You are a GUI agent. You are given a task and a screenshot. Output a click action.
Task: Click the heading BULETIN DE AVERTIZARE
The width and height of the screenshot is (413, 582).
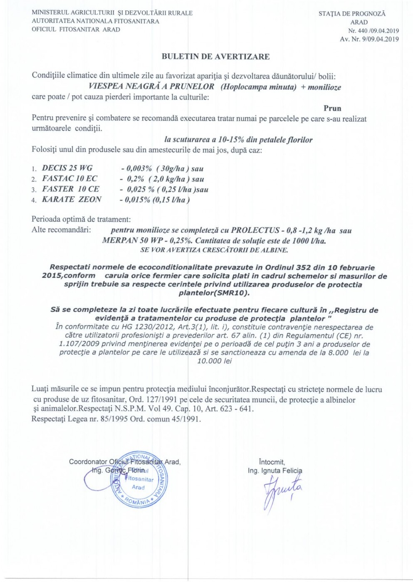tap(215, 57)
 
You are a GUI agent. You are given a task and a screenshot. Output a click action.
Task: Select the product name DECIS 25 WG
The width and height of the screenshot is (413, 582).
tap(67, 168)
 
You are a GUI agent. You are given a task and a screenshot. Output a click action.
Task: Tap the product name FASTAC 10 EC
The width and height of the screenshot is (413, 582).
tap(70, 178)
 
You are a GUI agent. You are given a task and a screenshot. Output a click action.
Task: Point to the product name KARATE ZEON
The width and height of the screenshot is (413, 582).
tap(72, 199)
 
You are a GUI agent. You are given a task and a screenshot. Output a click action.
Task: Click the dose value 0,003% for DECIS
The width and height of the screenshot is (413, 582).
tap(139, 168)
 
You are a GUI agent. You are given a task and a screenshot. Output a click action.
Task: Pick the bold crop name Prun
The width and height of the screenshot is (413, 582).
tap(332, 108)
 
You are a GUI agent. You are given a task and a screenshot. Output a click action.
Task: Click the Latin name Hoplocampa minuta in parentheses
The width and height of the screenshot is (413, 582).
tap(259, 87)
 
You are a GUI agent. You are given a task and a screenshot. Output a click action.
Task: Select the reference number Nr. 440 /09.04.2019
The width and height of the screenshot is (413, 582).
tap(373, 31)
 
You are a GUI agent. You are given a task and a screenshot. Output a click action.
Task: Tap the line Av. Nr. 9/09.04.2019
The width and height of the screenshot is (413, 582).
tap(369, 39)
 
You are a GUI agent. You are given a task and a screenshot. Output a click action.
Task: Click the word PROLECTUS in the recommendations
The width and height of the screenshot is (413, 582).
tap(255, 230)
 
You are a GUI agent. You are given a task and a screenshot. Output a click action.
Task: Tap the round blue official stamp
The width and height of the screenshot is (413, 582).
tap(139, 479)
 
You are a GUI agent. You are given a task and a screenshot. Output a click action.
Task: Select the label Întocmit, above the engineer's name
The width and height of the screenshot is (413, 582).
tap(272, 462)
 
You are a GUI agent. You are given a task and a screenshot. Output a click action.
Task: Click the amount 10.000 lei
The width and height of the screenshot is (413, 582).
tap(214, 361)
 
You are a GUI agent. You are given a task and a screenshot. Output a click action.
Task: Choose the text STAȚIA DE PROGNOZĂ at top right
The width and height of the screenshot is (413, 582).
tap(352, 14)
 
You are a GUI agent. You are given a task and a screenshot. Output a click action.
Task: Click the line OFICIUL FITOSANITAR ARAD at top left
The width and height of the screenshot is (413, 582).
tap(76, 30)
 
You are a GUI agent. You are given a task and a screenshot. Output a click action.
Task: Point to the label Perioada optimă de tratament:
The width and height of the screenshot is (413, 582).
tap(81, 219)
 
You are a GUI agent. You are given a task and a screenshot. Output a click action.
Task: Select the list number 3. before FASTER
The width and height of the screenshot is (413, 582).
tap(34, 190)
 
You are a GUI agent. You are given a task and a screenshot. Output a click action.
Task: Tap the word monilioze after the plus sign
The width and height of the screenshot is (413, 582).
tap(324, 87)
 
